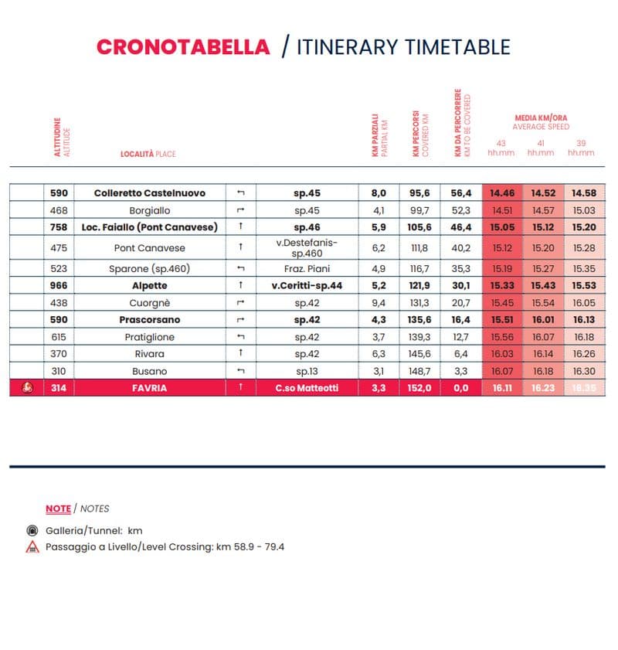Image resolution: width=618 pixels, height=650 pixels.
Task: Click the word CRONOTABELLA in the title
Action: tap(183, 46)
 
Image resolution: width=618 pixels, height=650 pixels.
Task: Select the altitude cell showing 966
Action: tap(59, 285)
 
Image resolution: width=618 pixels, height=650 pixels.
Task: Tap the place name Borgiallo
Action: tap(150, 210)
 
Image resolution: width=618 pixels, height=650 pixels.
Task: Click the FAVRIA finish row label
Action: tap(150, 388)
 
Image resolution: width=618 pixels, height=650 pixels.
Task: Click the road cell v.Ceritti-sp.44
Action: tap(307, 285)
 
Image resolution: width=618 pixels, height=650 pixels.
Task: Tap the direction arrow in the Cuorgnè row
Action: tap(241, 302)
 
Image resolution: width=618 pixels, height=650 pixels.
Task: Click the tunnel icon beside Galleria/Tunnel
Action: tap(32, 531)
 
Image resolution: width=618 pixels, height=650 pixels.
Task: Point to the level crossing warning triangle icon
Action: tap(32, 546)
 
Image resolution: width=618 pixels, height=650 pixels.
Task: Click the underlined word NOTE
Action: tap(58, 509)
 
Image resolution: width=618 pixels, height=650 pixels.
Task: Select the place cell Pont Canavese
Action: tap(150, 247)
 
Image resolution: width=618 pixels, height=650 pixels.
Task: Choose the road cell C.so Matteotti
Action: tap(307, 388)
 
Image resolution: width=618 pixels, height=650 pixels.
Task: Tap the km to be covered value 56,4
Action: tap(460, 193)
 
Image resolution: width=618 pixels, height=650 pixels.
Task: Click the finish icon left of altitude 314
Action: tap(27, 387)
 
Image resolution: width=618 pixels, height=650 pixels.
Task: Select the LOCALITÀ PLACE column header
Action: tap(148, 154)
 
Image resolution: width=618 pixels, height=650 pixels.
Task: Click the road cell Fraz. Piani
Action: tap(307, 268)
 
